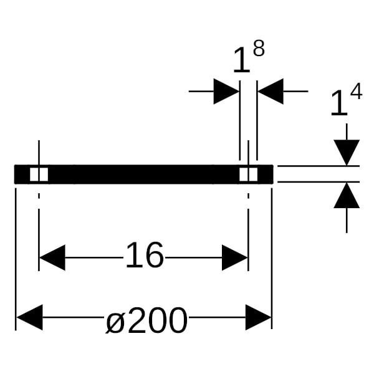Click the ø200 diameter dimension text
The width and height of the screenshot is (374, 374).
pos(146,320)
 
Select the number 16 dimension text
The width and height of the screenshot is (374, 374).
pos(145,255)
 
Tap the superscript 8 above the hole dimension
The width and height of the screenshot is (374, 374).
pos(259,48)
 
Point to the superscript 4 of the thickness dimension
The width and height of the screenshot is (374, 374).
pos(357,91)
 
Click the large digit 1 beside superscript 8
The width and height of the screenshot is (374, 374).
pos(242,60)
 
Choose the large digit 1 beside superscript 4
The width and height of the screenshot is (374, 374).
pos(339,103)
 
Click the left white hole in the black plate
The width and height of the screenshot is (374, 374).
pos(39,175)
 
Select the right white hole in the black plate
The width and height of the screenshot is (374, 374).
pos(249,175)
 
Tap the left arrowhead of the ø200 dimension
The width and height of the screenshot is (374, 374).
pos(29,317)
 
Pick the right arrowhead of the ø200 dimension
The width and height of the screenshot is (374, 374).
pos(259,317)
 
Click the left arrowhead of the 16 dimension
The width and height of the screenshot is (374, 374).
pos(52,257)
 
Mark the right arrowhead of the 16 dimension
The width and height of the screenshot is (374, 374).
pos(235,257)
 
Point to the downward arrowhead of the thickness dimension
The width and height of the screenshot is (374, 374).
pos(347,153)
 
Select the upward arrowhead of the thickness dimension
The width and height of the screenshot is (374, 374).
pos(347,195)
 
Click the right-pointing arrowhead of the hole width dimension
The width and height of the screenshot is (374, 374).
pos(226,92)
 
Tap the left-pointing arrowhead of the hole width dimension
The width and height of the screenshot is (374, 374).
pos(271,92)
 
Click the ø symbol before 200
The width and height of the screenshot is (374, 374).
pos(115,324)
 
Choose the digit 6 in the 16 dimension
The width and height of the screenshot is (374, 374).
pos(155,255)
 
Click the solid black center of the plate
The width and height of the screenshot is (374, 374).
pos(143,175)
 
